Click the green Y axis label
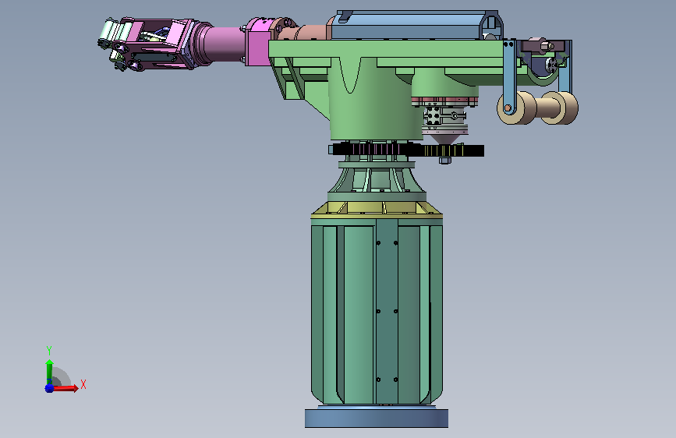click(49, 350)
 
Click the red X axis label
click(83, 384)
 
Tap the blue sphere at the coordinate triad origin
click(50, 388)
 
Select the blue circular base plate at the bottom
click(377, 419)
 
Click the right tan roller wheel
click(560, 108)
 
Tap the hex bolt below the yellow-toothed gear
click(445, 161)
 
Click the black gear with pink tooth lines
click(375, 149)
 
